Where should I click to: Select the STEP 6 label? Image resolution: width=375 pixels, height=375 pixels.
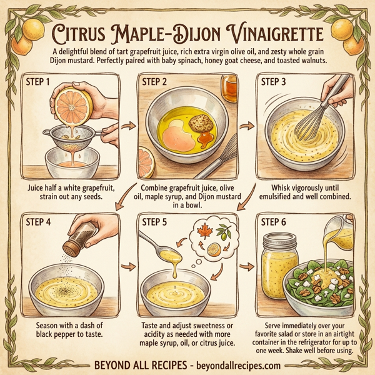click(x=277, y=221)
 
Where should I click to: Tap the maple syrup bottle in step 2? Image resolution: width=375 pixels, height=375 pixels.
click(x=229, y=87)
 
